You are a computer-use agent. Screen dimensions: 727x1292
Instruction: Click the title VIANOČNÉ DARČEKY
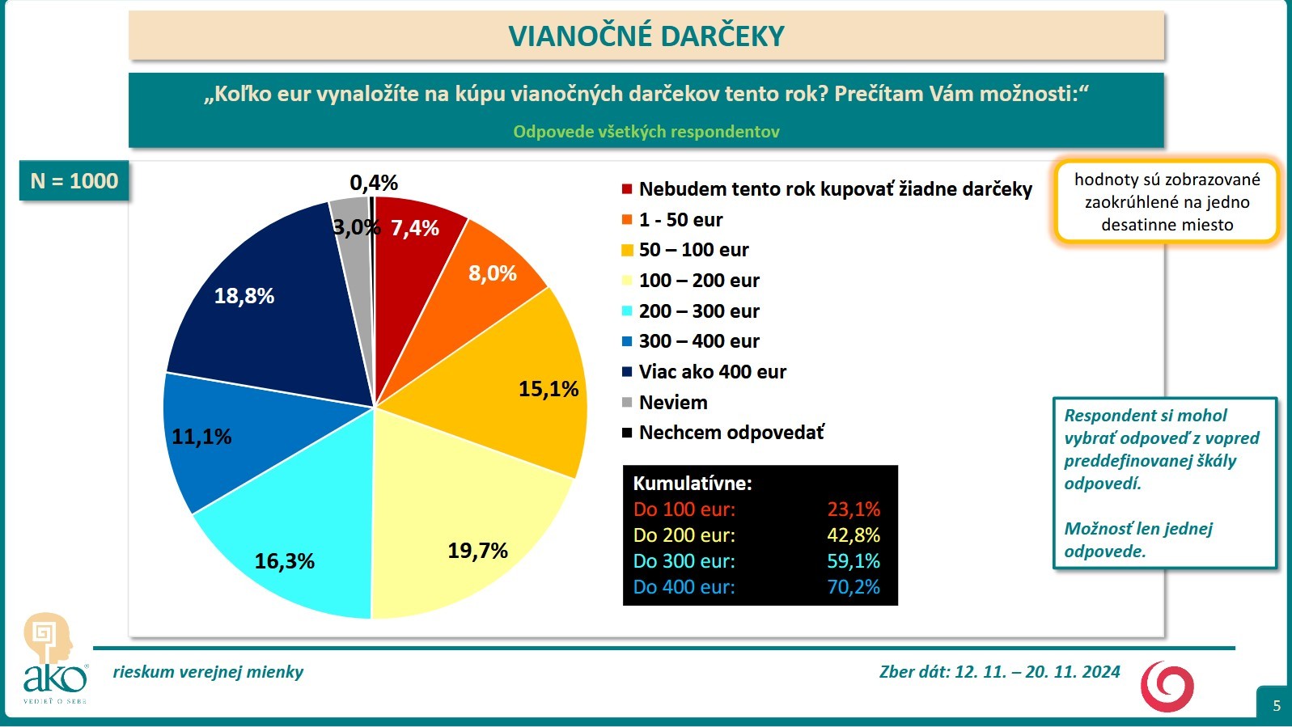pos(646,36)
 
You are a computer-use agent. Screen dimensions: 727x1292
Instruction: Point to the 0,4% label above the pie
pos(374,183)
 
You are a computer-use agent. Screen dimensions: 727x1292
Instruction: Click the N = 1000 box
pos(74,181)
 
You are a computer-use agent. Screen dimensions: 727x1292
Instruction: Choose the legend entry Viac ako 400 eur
pos(712,372)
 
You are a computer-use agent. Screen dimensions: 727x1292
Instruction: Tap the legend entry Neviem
pos(672,403)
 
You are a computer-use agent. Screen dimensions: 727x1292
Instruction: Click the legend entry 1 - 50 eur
pos(680,220)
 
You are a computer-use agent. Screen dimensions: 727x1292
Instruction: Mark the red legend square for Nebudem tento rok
pos(627,189)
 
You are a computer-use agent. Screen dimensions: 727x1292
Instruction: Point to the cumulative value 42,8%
pos(854,535)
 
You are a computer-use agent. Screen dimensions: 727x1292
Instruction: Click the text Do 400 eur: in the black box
pos(684,587)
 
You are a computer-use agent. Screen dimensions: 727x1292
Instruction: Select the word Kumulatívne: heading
pos(693,484)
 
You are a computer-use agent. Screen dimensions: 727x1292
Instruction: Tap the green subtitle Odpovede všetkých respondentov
pos(646,132)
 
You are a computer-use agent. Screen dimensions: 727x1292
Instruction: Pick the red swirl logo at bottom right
pos(1167,686)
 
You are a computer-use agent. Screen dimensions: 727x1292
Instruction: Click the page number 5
pos(1277,705)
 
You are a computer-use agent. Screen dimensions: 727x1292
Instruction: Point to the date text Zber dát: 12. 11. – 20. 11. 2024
pos(999,672)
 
